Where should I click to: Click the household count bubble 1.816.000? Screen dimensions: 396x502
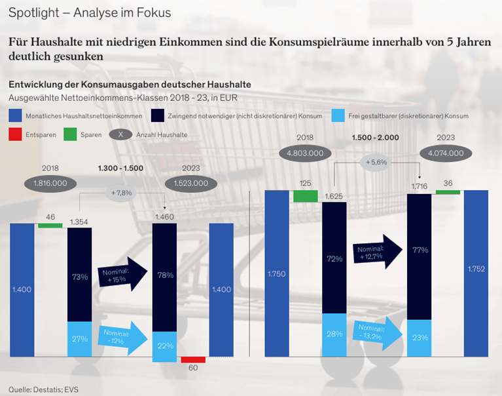(50, 184)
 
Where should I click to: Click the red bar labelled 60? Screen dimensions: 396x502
(193, 359)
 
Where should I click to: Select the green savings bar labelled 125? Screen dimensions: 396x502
(305, 195)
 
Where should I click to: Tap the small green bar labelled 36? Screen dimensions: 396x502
(448, 192)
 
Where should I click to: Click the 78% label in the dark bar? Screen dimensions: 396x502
(164, 275)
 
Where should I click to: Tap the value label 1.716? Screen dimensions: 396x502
(420, 188)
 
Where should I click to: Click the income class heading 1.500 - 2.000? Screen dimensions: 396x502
(375, 138)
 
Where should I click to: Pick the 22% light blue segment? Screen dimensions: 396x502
(164, 346)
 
